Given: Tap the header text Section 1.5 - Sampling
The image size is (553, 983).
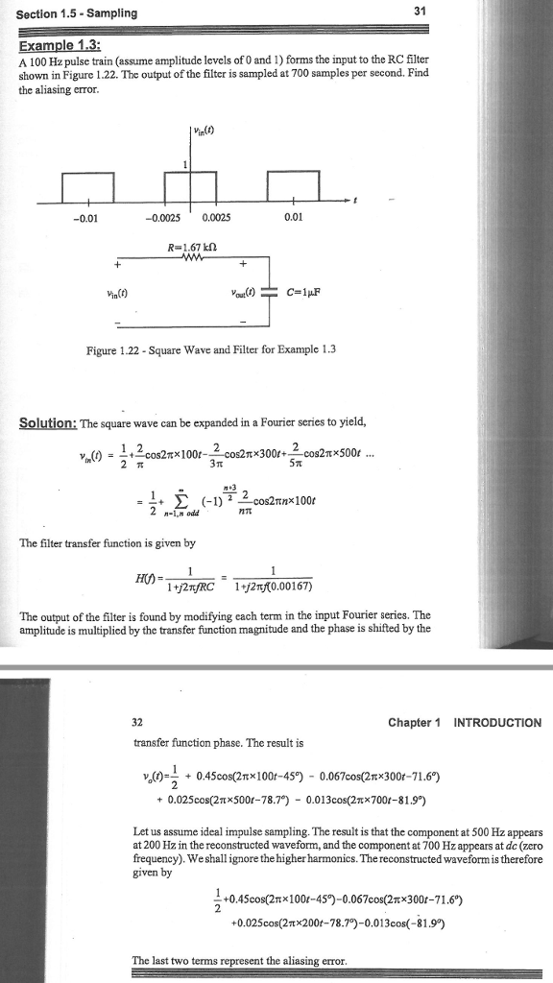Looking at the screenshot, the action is (71, 12).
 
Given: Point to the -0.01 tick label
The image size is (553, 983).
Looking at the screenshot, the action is (84, 217).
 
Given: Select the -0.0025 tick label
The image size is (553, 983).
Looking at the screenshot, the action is (160, 217).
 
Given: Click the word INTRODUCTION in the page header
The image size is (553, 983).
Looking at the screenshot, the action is (496, 722).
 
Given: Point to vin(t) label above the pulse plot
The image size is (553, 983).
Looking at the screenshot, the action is (204, 132).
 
